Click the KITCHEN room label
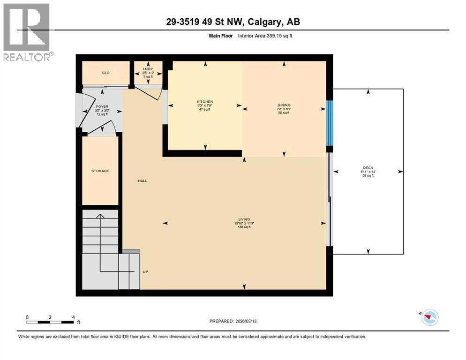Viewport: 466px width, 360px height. [205, 102]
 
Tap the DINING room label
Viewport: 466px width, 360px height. [284, 105]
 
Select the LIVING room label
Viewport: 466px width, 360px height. [244, 219]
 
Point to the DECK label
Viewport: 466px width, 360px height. [368, 168]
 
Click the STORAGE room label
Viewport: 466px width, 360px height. [100, 171]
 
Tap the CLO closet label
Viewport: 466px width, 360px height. [106, 73]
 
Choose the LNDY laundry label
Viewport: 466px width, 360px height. [148, 69]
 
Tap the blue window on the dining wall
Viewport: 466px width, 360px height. [330, 123]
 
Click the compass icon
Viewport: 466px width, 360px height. [429, 317]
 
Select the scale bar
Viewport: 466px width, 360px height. [50, 322]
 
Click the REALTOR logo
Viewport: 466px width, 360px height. [27, 32]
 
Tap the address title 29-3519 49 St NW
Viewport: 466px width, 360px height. [233, 22]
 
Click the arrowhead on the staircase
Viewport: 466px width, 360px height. [99, 217]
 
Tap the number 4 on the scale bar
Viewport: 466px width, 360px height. [74, 317]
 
